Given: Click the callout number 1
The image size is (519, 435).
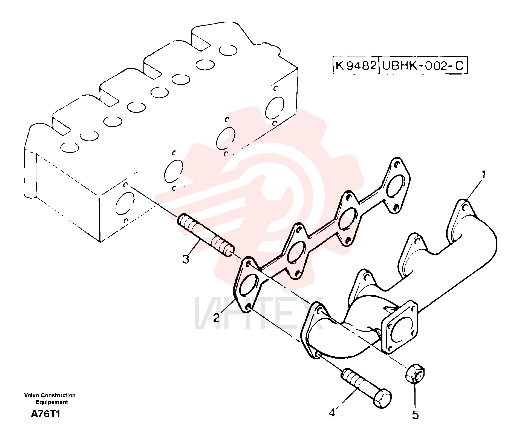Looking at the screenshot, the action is click(484, 174).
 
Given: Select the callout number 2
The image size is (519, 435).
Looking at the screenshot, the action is click(217, 318).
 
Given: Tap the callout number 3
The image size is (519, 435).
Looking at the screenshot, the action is click(186, 259).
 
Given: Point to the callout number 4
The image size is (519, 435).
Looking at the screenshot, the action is click(332, 413).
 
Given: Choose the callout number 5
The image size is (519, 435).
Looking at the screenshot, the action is click(416, 415).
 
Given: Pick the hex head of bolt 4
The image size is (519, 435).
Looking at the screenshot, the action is click(382, 399).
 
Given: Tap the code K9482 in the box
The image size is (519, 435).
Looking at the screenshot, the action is click(356, 65).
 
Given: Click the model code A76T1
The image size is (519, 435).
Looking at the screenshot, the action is click(45, 414).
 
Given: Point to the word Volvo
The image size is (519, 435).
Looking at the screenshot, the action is click(31, 395).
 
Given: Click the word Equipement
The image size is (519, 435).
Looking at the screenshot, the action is click(52, 402).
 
